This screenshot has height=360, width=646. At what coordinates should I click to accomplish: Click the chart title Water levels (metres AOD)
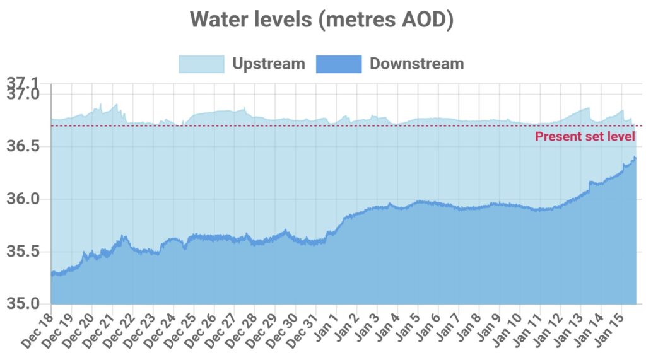tap(322, 19)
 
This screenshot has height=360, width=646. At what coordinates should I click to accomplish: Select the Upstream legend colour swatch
tap(201, 64)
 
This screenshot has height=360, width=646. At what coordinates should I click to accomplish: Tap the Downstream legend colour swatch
tap(339, 64)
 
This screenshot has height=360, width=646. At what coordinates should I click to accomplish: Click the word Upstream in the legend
tap(268, 64)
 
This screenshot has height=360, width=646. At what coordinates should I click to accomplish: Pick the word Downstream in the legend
tap(416, 64)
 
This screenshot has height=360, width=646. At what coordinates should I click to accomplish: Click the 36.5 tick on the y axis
tap(23, 146)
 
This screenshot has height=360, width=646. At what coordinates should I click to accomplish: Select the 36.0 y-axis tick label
tap(23, 199)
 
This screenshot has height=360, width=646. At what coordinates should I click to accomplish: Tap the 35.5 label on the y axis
tap(23, 251)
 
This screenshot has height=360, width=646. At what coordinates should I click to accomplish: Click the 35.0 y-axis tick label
tap(23, 303)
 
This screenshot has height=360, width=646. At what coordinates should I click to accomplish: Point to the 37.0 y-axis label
tap(23, 94)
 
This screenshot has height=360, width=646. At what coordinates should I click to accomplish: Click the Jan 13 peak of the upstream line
tap(588, 108)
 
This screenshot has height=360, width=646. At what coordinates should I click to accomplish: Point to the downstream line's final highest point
tap(635, 157)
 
